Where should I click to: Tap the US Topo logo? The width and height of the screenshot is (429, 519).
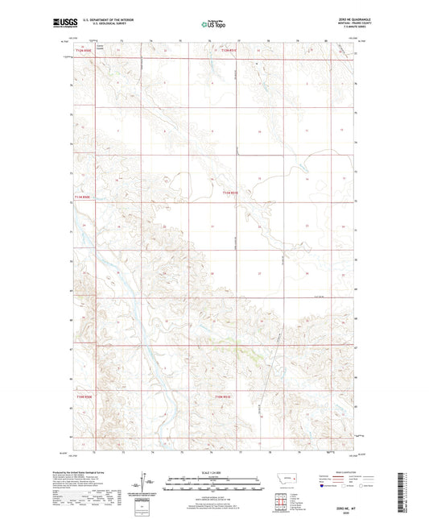click(214, 25)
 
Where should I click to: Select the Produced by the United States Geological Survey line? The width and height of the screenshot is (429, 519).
click(93, 474)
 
